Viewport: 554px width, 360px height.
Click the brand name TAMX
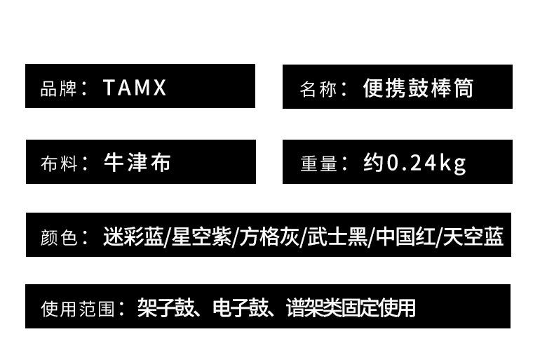click(135, 88)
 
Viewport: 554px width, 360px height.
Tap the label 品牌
click(58, 89)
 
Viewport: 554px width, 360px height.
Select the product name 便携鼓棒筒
click(418, 88)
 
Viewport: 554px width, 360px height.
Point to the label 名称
click(318, 90)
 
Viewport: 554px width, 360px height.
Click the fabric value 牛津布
click(137, 163)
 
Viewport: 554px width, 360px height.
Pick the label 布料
click(58, 164)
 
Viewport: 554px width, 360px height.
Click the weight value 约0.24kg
click(414, 164)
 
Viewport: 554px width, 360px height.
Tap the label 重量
click(319, 164)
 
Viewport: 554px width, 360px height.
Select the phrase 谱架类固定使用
click(351, 307)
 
